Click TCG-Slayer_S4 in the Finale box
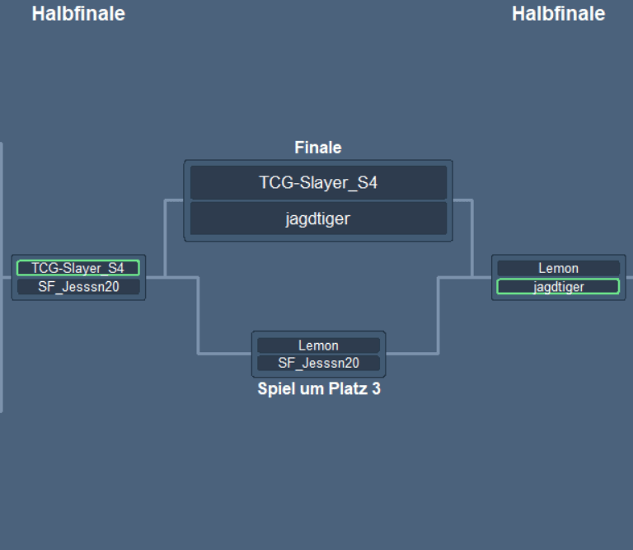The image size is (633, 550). [x=318, y=183]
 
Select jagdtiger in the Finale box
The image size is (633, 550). [x=318, y=219]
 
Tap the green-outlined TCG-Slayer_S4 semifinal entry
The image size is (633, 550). [x=78, y=268]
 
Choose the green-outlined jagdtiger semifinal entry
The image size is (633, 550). [x=558, y=287]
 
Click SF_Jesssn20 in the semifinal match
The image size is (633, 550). [x=78, y=287]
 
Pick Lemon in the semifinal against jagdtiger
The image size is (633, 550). [x=558, y=268]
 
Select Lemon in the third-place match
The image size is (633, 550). [x=318, y=346]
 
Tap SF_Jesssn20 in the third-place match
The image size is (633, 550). [x=318, y=364]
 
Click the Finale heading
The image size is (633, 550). [x=318, y=148]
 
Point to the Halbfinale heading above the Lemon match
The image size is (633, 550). [x=558, y=14]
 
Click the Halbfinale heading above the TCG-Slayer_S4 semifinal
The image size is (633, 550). [x=78, y=14]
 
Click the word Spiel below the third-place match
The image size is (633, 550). [x=274, y=389]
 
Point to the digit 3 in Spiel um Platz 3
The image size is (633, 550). [x=376, y=389]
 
